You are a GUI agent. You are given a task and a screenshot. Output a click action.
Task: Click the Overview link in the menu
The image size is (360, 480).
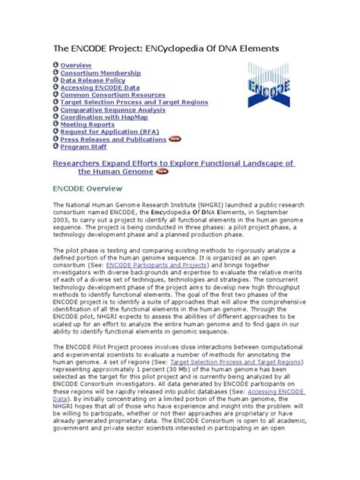point(76,66)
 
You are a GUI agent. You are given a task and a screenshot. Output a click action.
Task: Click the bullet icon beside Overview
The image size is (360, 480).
point(55,66)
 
